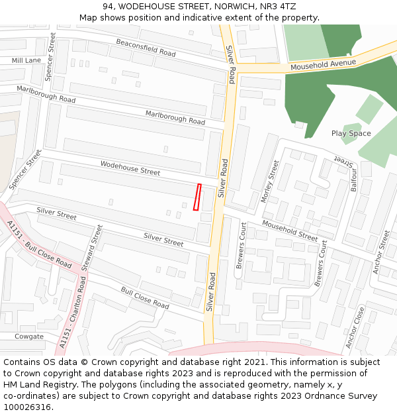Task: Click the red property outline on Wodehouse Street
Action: pos(197,197)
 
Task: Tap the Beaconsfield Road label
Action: pos(146,48)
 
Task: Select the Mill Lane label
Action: pos(26,60)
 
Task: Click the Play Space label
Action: pos(351,133)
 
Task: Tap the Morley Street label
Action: pos(271,181)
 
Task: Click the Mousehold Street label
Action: pos(289,230)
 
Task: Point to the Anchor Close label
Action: pos(355,327)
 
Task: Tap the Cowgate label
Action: pos(29,336)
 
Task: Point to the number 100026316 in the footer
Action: pos(28,407)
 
